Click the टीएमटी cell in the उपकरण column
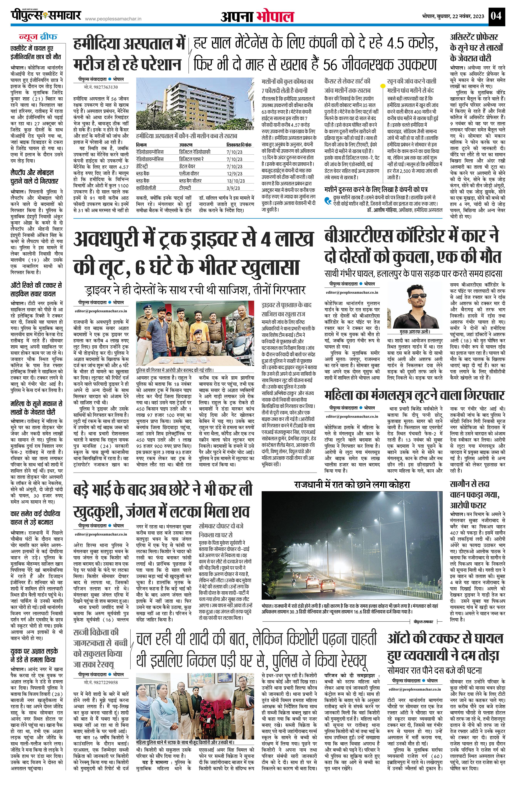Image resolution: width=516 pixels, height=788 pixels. (185, 188)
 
